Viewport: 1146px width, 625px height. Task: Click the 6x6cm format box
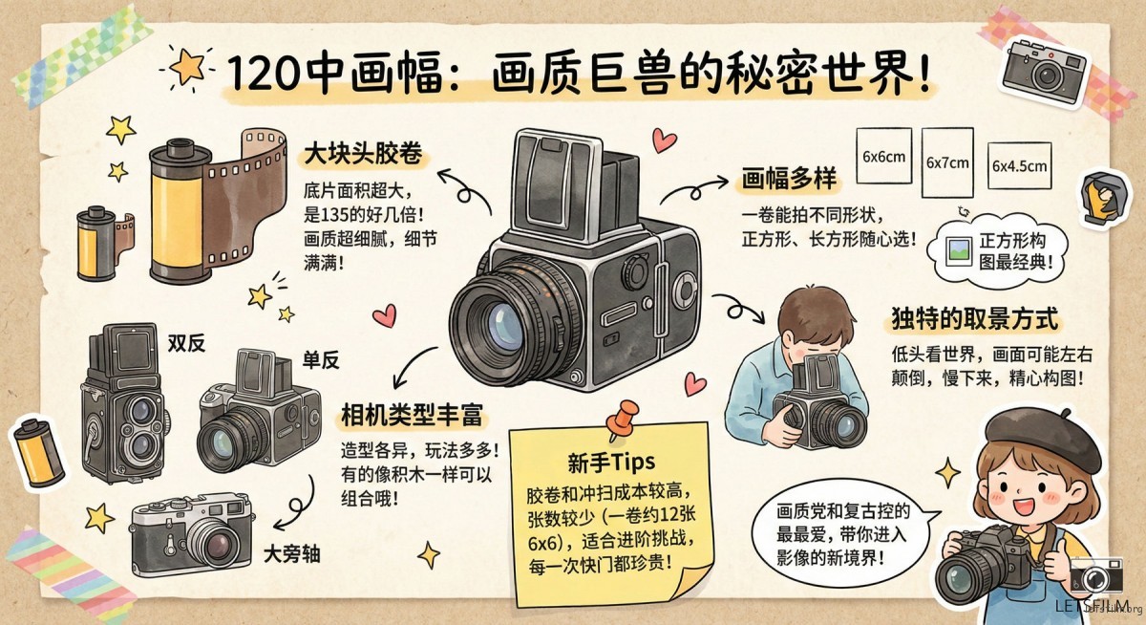click(x=884, y=156)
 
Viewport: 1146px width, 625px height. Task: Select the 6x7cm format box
click(x=947, y=162)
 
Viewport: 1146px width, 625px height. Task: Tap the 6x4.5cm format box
click(x=1019, y=165)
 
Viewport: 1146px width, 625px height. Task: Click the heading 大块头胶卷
click(x=363, y=154)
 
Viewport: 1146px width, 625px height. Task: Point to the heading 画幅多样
click(x=789, y=179)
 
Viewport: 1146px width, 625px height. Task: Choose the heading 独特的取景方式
click(x=975, y=319)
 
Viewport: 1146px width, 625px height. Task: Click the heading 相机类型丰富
click(x=412, y=414)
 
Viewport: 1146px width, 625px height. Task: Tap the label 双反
click(x=186, y=343)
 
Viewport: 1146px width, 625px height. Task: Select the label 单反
click(x=321, y=361)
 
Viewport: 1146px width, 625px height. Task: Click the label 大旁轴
click(x=291, y=554)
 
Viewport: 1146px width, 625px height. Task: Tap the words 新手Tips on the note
click(x=611, y=463)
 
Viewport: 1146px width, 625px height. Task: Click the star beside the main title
click(x=186, y=67)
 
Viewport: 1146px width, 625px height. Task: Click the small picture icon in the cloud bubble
click(x=959, y=251)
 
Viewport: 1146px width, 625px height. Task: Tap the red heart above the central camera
click(x=664, y=140)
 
